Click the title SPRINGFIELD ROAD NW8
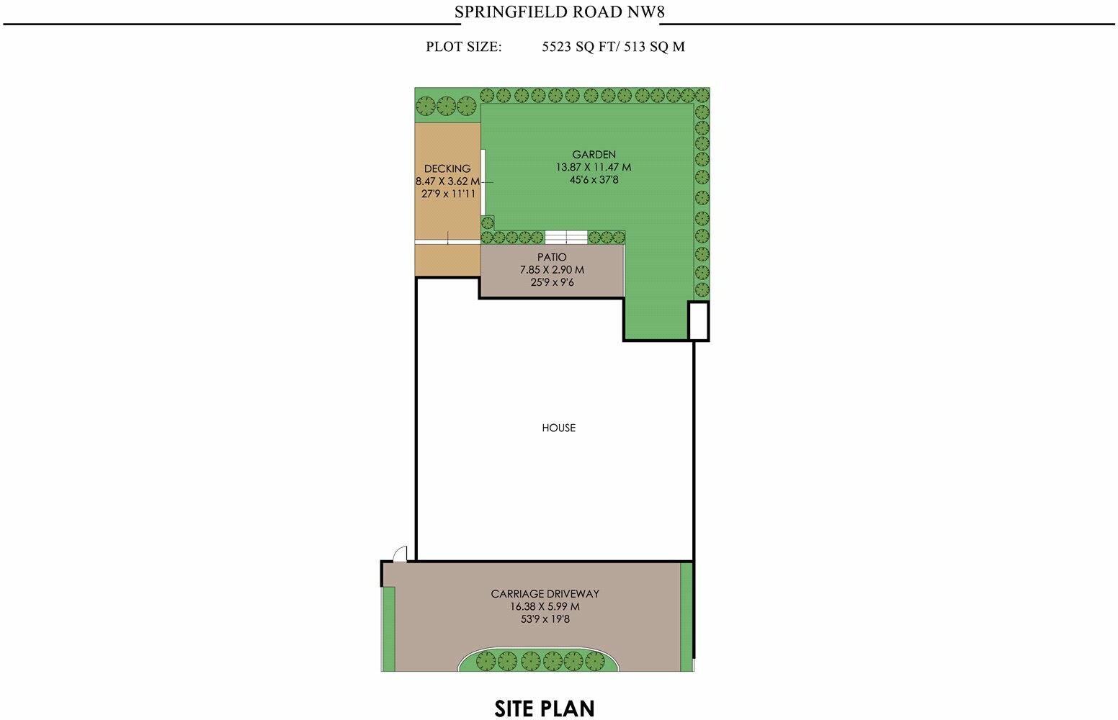(x=559, y=12)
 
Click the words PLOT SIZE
(x=463, y=47)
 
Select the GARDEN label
(x=594, y=154)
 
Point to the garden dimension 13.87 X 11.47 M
(x=594, y=167)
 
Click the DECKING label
(x=447, y=168)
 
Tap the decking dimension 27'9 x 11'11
(x=447, y=193)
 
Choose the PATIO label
(x=552, y=257)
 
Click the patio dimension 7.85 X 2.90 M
(x=552, y=270)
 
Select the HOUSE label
(x=558, y=428)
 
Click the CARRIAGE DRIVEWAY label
(x=545, y=594)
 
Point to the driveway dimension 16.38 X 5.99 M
(x=545, y=606)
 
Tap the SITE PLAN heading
(x=545, y=708)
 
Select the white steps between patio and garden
(x=566, y=237)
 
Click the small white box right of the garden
(x=698, y=320)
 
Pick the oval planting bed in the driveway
(x=537, y=660)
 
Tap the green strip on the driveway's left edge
(x=388, y=628)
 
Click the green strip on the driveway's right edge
(x=686, y=612)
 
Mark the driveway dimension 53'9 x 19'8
(x=545, y=618)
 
